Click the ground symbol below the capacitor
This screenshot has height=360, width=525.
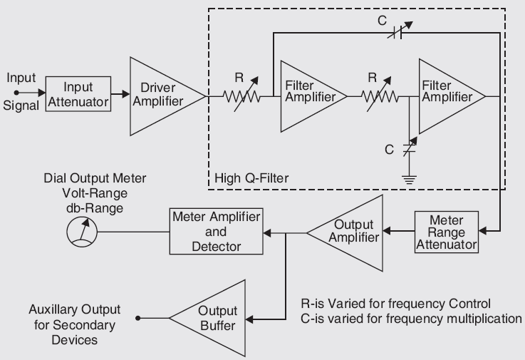coord(409,178)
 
